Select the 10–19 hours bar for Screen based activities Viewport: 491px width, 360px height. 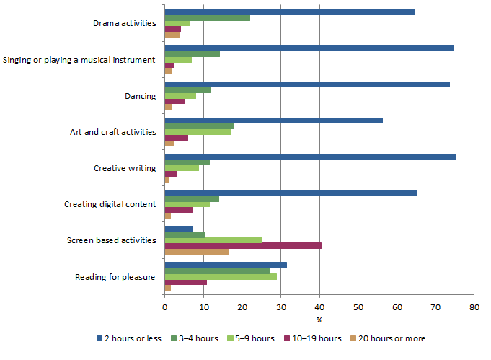[243, 245]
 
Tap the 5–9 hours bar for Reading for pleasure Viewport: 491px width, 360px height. [221, 276]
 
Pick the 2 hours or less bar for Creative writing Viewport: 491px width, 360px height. [310, 156]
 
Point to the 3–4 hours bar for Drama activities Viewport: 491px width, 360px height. [208, 17]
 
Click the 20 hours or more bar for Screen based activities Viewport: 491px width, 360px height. [197, 252]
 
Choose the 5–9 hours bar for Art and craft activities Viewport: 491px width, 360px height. [198, 132]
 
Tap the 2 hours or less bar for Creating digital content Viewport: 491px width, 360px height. [291, 192]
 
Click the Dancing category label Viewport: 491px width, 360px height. [141, 96]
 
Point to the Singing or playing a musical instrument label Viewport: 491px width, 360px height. [79, 60]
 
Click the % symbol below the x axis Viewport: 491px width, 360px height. [319, 320]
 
